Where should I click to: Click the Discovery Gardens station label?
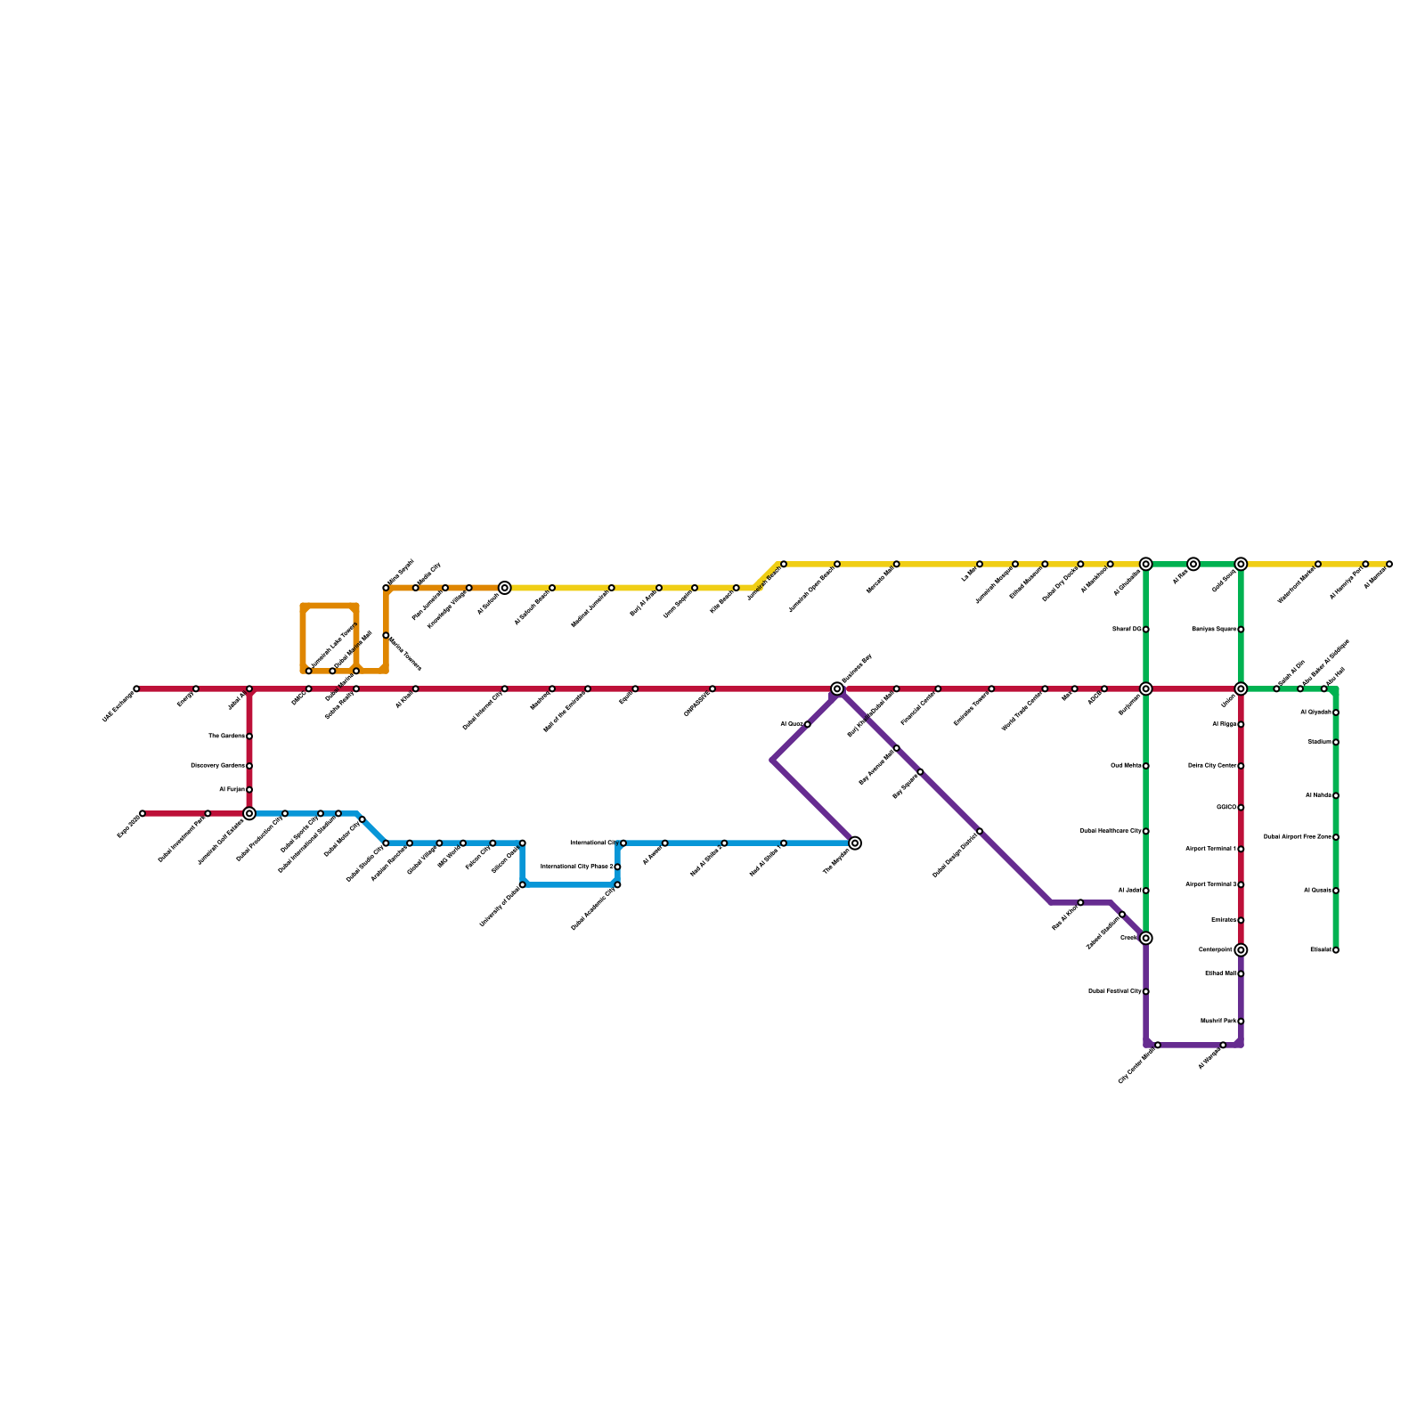pyautogui.click(x=218, y=766)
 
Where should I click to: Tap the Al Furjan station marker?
pyautogui.click(x=249, y=790)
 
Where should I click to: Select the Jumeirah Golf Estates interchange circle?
pyautogui.click(x=249, y=813)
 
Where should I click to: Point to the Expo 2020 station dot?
pyautogui.click(x=142, y=813)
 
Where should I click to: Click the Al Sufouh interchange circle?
pyautogui.click(x=505, y=588)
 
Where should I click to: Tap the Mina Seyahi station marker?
pyautogui.click(x=386, y=588)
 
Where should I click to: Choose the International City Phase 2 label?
pyautogui.click(x=577, y=867)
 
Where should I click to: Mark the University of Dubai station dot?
pyautogui.click(x=523, y=884)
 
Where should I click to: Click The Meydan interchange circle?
pyautogui.click(x=855, y=843)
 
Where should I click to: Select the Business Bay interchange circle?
pyautogui.click(x=837, y=688)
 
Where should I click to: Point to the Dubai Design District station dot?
pyautogui.click(x=980, y=831)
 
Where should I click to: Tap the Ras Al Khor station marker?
pyautogui.click(x=1080, y=902)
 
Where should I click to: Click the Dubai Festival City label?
pyautogui.click(x=1115, y=991)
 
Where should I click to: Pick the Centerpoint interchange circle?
pyautogui.click(x=1241, y=950)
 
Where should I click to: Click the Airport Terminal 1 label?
pyautogui.click(x=1210, y=849)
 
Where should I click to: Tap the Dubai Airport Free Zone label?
pyautogui.click(x=1298, y=837)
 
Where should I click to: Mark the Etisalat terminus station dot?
pyautogui.click(x=1336, y=950)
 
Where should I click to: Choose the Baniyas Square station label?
pyautogui.click(x=1214, y=630)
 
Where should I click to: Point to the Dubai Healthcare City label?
pyautogui.click(x=1111, y=831)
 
